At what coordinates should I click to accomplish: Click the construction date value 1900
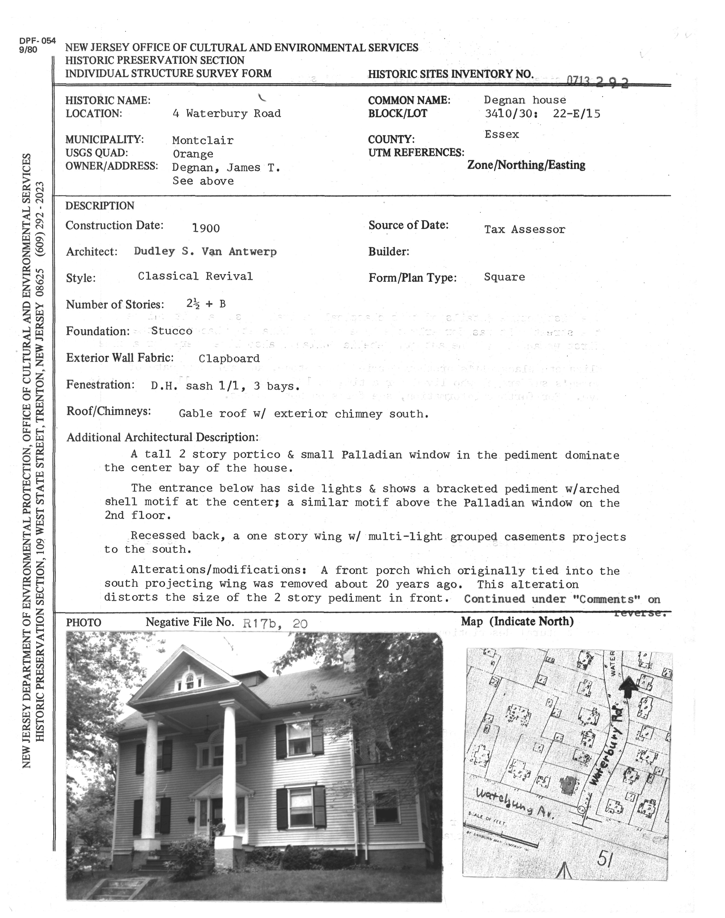[206, 229]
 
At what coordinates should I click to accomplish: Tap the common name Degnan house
[525, 100]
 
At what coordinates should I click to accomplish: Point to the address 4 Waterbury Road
[227, 114]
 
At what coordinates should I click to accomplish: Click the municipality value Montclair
[203, 140]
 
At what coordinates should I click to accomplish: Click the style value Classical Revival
[195, 277]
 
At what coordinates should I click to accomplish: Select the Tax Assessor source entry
[525, 229]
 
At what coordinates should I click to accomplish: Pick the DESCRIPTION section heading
[100, 206]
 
